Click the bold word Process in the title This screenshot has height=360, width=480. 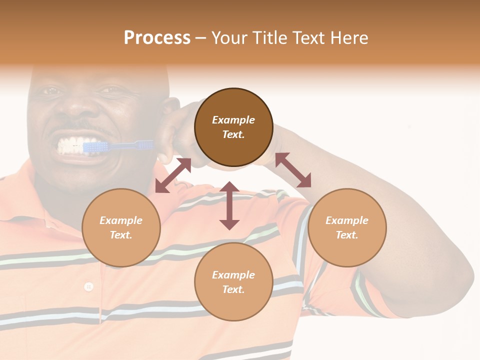tap(157, 38)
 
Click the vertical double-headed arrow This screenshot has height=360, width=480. tap(229, 205)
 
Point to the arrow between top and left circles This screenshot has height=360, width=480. tap(173, 175)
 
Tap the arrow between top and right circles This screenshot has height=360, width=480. tap(293, 170)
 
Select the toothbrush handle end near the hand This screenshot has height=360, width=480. tap(145, 144)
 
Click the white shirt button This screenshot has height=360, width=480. tap(88, 286)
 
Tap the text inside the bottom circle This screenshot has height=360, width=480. tap(233, 282)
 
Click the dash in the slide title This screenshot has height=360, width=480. tap(201, 38)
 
